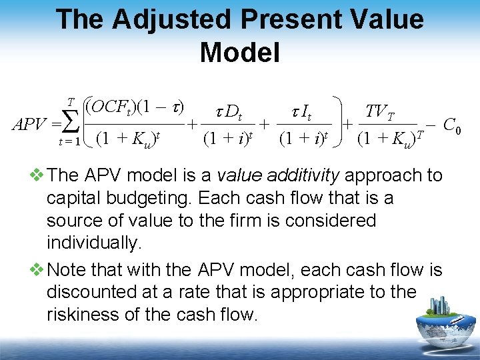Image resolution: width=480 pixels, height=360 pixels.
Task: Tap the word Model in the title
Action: point(239,52)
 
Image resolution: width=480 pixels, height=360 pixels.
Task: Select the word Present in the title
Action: point(277,19)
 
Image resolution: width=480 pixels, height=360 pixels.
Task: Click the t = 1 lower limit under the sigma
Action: point(69,141)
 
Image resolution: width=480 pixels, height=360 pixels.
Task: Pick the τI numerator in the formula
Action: point(304,113)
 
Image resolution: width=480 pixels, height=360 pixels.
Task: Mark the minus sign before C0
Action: point(430,124)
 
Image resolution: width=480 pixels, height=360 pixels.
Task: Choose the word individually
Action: point(94,243)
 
